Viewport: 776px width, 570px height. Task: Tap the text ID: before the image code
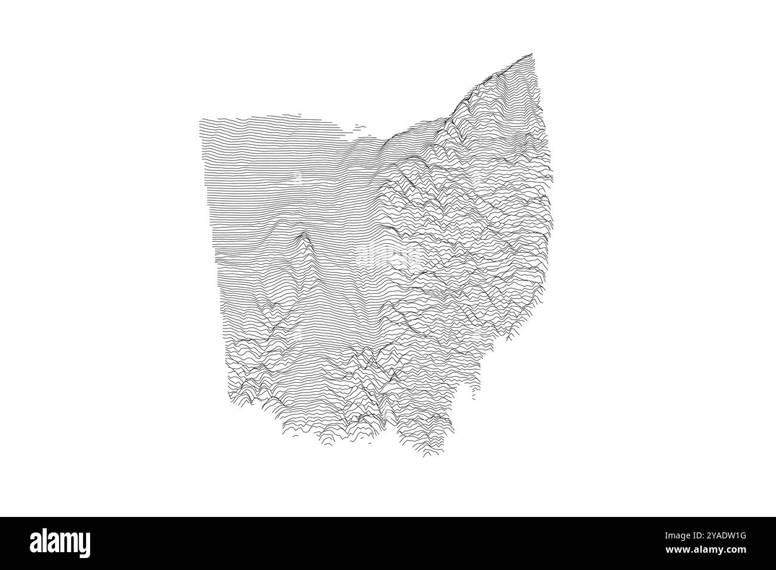(x=696, y=535)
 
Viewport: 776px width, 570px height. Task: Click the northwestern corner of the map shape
(x=201, y=120)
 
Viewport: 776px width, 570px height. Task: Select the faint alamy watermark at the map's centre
(x=394, y=256)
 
